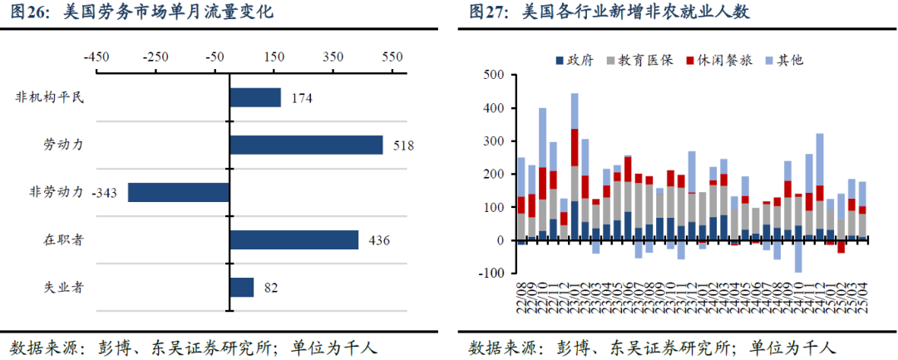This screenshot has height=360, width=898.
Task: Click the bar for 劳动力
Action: [306, 145]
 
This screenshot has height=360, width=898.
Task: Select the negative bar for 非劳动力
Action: [179, 192]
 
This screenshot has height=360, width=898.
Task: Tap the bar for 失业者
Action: [241, 287]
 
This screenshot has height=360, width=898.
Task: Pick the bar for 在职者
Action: [294, 239]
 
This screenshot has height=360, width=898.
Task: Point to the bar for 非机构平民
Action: [255, 97]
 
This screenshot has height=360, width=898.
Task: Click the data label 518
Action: [403, 145]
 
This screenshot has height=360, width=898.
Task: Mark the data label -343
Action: [106, 193]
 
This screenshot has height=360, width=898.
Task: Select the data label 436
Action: [379, 240]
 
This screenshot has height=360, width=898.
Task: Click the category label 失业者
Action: [62, 287]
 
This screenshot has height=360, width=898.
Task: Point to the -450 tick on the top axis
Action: [96, 57]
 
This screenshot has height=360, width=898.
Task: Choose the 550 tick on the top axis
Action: [392, 57]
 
